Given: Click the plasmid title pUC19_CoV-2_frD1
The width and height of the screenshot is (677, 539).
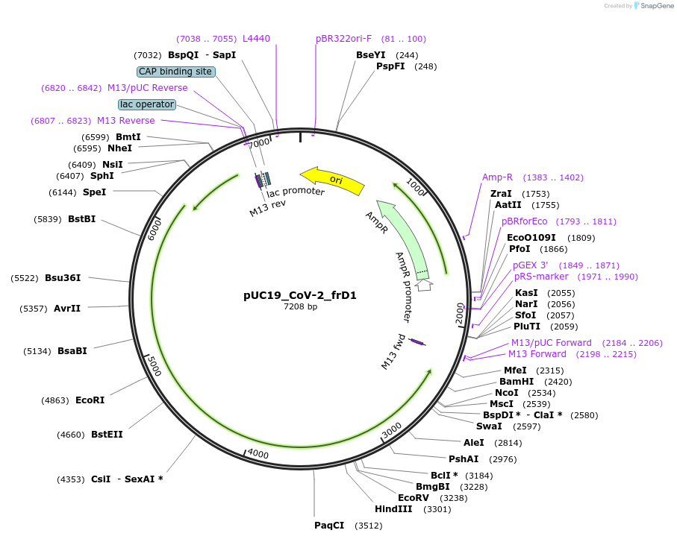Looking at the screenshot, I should (x=300, y=295).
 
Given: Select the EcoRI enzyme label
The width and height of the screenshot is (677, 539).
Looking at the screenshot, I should (x=90, y=400).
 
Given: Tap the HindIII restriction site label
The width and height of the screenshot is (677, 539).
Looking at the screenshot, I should (x=393, y=510).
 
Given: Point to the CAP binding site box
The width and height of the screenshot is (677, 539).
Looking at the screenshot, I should (x=176, y=72).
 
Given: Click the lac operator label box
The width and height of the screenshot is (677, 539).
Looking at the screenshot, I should (x=147, y=104).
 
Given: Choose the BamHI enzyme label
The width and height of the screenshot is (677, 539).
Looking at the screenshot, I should (x=515, y=382).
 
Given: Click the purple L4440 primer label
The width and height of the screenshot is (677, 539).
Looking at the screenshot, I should (x=256, y=39).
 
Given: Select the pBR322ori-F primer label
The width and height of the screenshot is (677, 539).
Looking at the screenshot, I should (x=343, y=39).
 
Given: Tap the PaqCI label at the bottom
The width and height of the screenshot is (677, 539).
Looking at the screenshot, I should (x=329, y=526).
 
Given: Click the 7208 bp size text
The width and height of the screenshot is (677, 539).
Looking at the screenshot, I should (x=300, y=307).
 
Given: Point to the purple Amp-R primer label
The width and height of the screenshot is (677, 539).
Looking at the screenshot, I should (x=497, y=177).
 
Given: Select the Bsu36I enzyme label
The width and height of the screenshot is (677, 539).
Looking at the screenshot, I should (x=63, y=278).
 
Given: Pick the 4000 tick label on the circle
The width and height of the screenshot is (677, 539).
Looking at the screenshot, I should (x=258, y=453).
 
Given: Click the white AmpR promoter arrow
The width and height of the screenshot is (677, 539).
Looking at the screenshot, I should (x=424, y=285).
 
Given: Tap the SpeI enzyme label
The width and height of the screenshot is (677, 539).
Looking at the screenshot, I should (x=94, y=192).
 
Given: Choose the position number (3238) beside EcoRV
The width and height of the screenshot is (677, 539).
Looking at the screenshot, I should (x=454, y=498).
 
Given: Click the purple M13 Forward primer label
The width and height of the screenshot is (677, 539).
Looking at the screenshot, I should (x=537, y=354).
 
